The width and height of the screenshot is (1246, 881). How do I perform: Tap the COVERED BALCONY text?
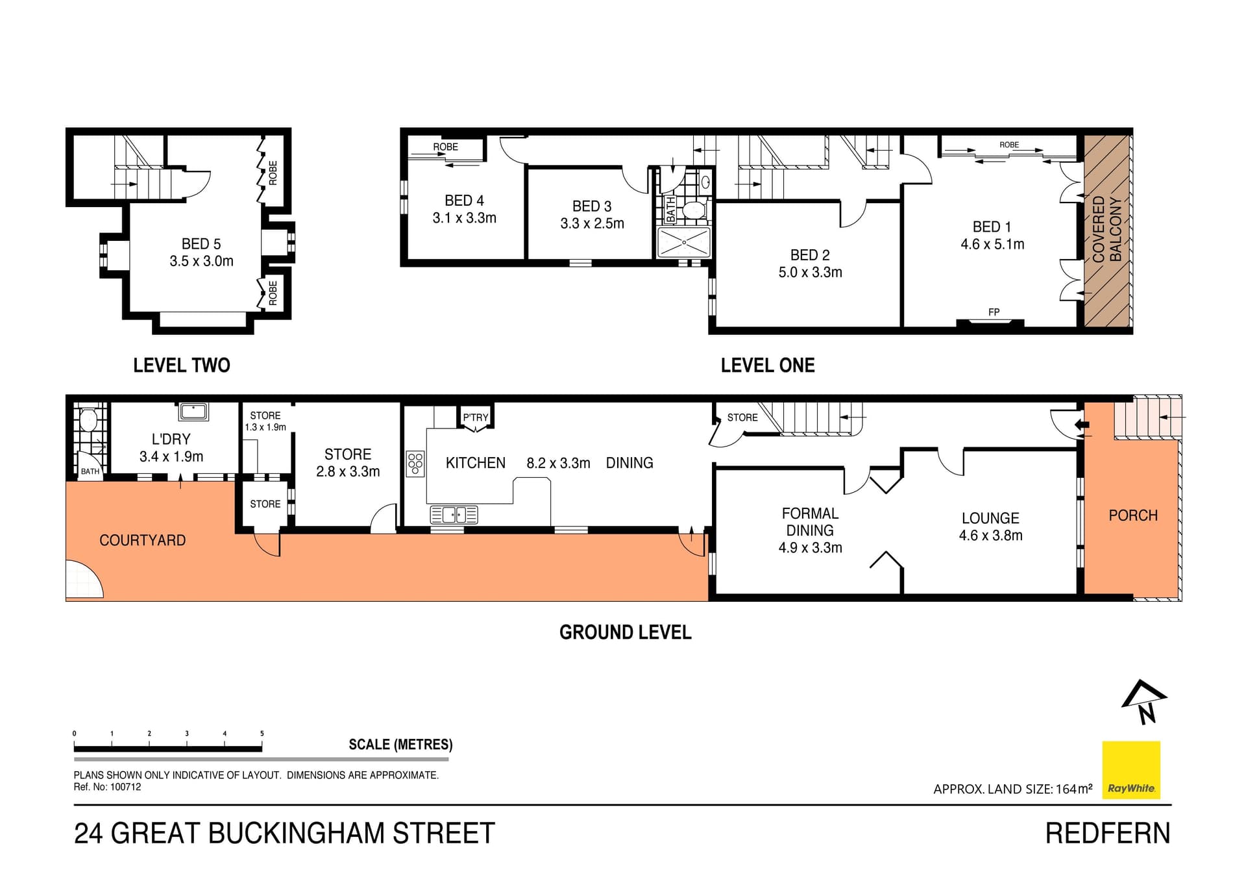(1106, 229)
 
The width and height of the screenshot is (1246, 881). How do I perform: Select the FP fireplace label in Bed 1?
(994, 312)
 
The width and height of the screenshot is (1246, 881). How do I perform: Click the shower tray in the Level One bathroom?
(684, 242)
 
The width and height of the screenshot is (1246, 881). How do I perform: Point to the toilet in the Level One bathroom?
(694, 210)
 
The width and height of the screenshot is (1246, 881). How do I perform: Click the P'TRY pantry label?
(475, 417)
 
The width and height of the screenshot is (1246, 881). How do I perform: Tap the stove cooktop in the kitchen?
(415, 464)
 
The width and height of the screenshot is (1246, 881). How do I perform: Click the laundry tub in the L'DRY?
(193, 412)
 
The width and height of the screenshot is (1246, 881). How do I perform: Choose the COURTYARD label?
(142, 540)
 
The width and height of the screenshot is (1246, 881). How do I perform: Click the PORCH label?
(1132, 515)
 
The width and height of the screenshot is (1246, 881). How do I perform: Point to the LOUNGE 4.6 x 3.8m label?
(990, 527)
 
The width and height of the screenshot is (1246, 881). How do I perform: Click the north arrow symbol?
(1144, 702)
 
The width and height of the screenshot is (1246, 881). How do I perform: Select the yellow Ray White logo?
(1131, 769)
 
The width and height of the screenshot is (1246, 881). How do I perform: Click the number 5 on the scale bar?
(262, 734)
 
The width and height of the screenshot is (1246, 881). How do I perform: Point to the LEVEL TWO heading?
(182, 366)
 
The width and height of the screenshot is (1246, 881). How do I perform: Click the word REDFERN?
(1107, 834)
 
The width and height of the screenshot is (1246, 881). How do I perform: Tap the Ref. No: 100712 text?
(107, 787)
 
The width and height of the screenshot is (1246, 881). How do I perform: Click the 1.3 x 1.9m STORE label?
(265, 421)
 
